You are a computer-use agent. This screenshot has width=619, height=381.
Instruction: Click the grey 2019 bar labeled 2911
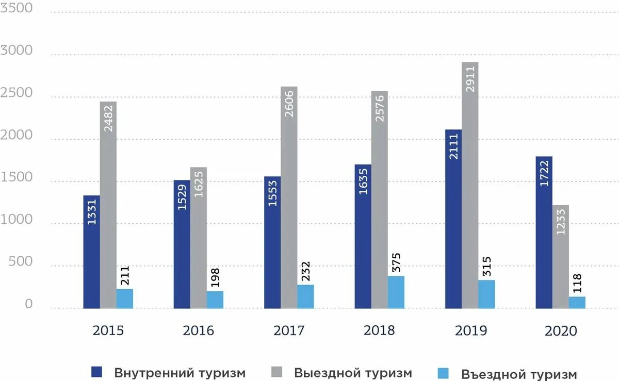click(x=470, y=186)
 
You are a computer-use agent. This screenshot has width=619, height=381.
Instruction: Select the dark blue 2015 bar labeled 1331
click(x=91, y=252)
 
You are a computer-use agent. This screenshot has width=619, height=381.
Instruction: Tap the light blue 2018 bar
click(x=396, y=292)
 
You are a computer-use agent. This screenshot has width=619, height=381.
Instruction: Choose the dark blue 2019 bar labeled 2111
click(x=453, y=219)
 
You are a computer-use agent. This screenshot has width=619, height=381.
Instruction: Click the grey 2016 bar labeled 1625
click(x=199, y=238)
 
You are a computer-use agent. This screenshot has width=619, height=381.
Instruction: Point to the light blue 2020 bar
click(x=577, y=303)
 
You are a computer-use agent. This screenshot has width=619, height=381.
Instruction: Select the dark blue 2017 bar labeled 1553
click(x=272, y=242)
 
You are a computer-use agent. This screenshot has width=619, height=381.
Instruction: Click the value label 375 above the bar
click(x=396, y=263)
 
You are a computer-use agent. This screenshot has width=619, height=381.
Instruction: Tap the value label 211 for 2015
click(x=125, y=276)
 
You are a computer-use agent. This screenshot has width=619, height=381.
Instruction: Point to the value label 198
click(x=215, y=278)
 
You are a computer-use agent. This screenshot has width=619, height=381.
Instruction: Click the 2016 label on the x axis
click(x=198, y=330)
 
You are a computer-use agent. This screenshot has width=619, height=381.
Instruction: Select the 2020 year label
click(x=561, y=331)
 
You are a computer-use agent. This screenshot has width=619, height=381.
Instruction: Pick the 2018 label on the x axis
click(x=379, y=330)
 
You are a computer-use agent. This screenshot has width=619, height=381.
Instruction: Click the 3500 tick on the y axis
click(x=17, y=9)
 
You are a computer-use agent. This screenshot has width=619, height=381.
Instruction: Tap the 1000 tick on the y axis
click(x=17, y=220)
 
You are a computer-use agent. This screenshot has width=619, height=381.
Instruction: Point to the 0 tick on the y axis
click(x=28, y=305)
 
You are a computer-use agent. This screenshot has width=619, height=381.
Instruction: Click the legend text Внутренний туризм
click(x=180, y=373)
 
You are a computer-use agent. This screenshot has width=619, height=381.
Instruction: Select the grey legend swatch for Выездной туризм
click(x=277, y=372)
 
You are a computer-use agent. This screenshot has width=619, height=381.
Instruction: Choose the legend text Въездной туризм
click(x=519, y=374)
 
